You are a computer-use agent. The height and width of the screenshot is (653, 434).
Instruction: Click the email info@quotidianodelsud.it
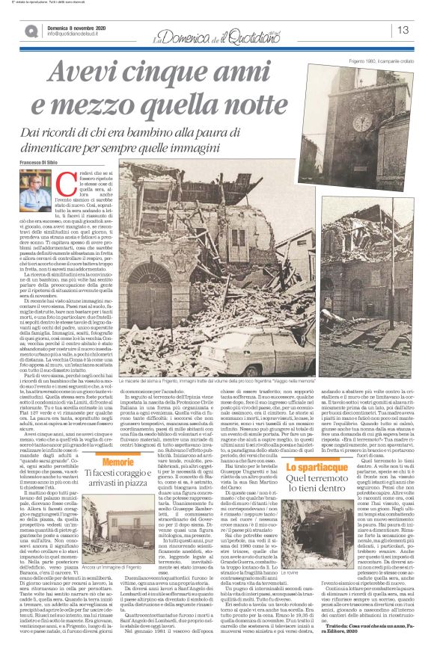[75, 34]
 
